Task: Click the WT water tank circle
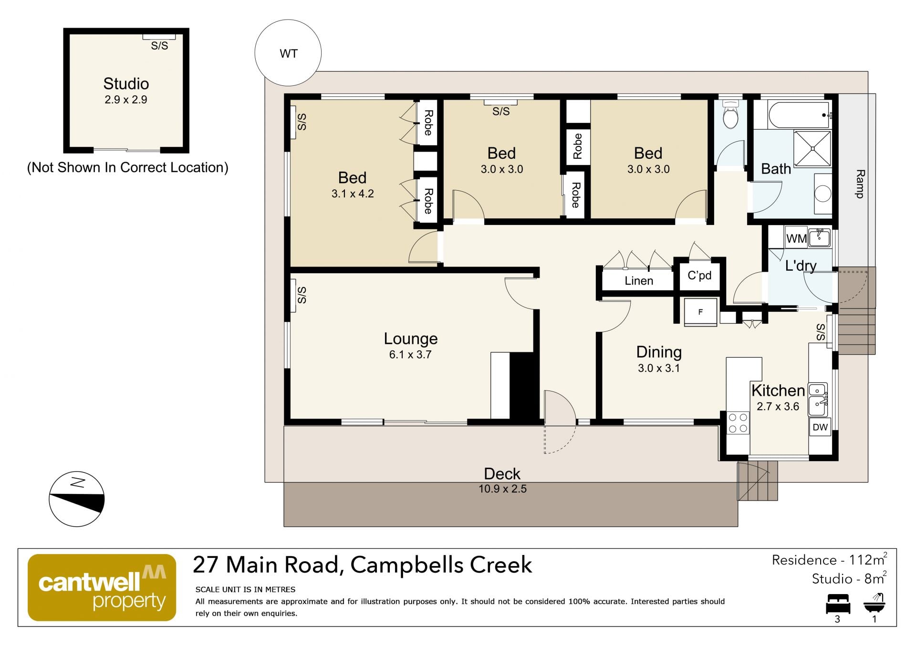(288, 53)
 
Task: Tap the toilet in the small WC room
(730, 114)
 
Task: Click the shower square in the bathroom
(812, 148)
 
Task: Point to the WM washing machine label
(796, 238)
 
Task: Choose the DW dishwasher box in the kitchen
(820, 427)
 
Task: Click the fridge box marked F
(700, 312)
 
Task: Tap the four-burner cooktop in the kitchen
(738, 423)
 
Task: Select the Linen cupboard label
(639, 281)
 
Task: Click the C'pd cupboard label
(699, 276)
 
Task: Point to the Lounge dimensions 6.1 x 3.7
(410, 354)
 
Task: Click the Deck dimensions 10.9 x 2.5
(502, 489)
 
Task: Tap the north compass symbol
(76, 500)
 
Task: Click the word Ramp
(860, 184)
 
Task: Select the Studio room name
(126, 83)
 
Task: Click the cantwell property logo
(102, 587)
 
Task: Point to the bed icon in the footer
(838, 604)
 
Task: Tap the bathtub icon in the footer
(874, 603)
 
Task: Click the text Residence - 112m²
(830, 559)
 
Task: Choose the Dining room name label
(659, 352)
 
